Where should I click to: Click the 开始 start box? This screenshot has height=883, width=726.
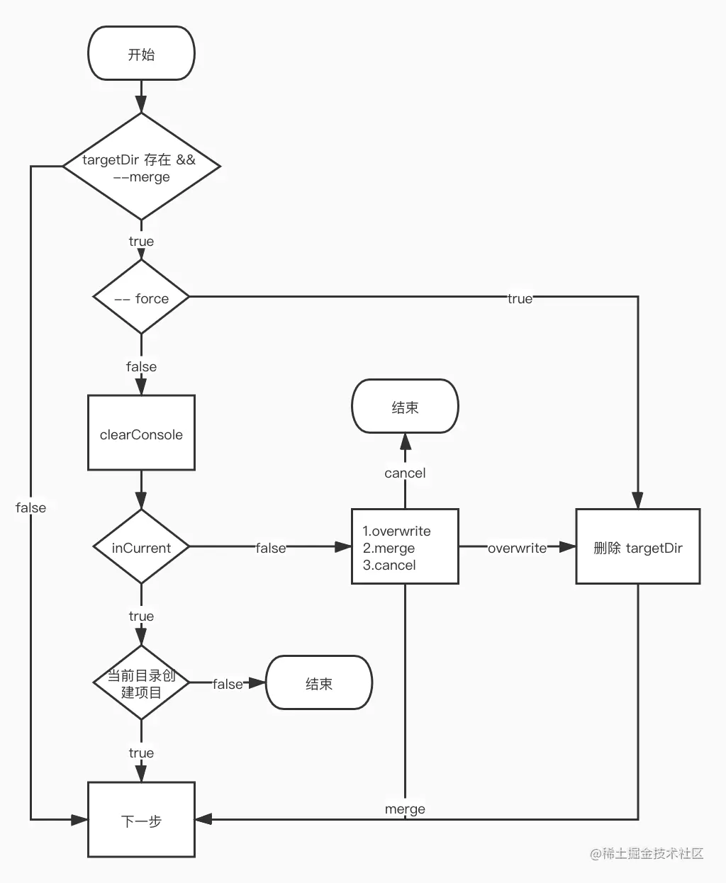coord(141,54)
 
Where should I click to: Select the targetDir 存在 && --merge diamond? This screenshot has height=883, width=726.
coord(141,167)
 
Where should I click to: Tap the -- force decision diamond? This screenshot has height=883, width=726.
coord(141,298)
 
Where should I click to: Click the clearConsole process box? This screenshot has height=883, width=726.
coord(141,433)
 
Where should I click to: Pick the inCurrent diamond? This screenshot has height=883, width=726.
coord(141,547)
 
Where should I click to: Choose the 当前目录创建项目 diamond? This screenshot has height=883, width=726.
coord(141,683)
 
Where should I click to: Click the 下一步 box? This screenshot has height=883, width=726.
coord(141,820)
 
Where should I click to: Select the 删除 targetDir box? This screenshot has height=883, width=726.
coord(637,547)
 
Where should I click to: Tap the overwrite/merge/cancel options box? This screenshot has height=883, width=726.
coord(405,547)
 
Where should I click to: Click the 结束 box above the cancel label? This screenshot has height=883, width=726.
coord(405,407)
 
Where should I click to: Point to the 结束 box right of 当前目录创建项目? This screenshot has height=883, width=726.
coord(318,683)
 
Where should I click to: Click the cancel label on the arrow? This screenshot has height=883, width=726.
coord(405,473)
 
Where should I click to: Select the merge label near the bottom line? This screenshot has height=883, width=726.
coord(405,809)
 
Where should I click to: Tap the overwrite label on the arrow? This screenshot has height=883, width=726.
coord(517,548)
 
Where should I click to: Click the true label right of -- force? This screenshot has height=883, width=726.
coord(520,298)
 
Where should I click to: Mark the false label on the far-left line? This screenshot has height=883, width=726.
coord(30,507)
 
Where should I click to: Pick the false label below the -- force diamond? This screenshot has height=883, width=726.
coord(141,366)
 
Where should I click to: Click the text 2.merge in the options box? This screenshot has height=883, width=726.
coord(389,548)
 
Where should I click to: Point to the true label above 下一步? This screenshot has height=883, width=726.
coord(141,753)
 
